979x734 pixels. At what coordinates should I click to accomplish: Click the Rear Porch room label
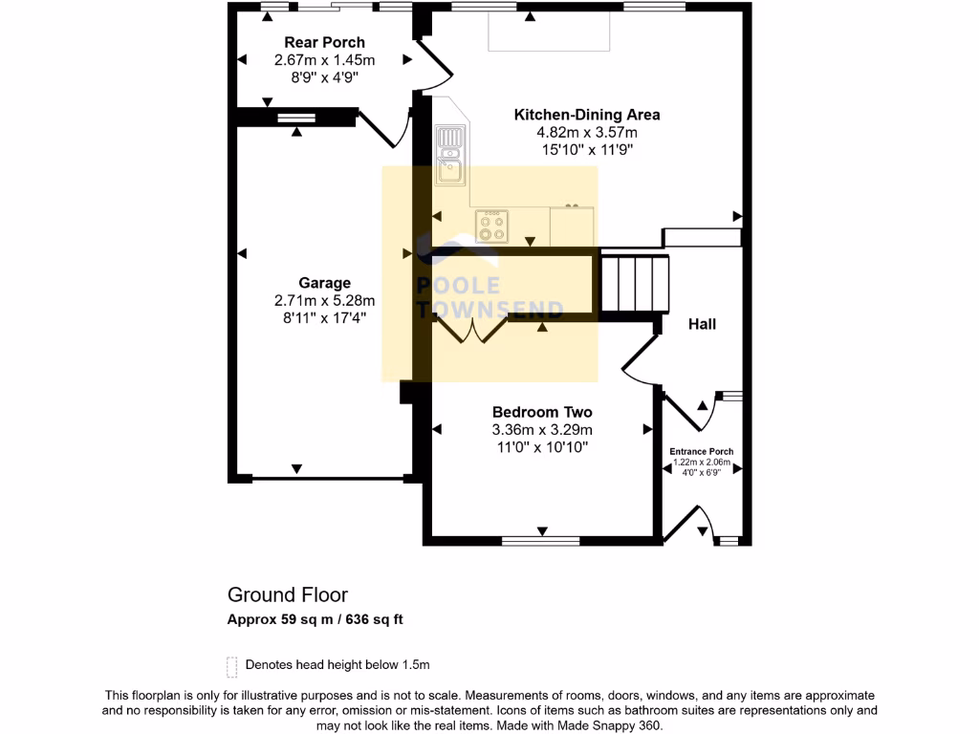point(324,43)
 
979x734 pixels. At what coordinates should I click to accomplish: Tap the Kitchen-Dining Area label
point(587,115)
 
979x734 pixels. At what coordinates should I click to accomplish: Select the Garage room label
point(324,283)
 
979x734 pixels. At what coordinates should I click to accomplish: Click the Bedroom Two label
point(542,412)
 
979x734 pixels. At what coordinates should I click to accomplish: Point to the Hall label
point(703,325)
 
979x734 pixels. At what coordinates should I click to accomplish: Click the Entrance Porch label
point(702,451)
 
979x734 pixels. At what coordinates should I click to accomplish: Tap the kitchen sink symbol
point(448,156)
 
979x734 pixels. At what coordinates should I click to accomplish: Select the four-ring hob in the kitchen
point(492,226)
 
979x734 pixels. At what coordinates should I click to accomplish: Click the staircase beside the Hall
point(634,284)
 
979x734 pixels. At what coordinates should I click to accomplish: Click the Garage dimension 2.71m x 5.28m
point(324,300)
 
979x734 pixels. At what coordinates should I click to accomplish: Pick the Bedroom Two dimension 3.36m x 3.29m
point(542,429)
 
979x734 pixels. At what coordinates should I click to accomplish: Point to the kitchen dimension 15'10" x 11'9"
point(587,150)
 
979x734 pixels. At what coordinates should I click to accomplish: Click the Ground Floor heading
point(287,595)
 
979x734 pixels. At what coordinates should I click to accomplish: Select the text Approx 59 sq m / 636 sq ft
point(315,619)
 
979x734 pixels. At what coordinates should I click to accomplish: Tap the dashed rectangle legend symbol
point(231,665)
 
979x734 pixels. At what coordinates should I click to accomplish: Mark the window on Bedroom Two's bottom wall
point(541,541)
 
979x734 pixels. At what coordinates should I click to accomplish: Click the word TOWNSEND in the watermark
point(490,308)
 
